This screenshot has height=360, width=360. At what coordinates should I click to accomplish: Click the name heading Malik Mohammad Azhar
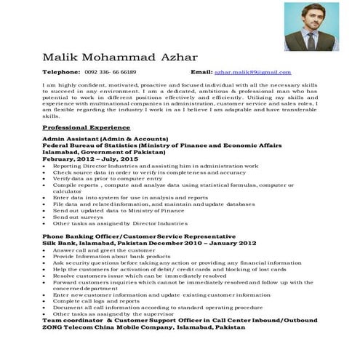(119, 57)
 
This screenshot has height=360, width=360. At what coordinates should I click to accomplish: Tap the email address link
(252, 73)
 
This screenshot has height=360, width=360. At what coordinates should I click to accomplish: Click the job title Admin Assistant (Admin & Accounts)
(105, 138)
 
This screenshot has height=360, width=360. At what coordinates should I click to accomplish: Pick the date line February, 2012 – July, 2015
(90, 158)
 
